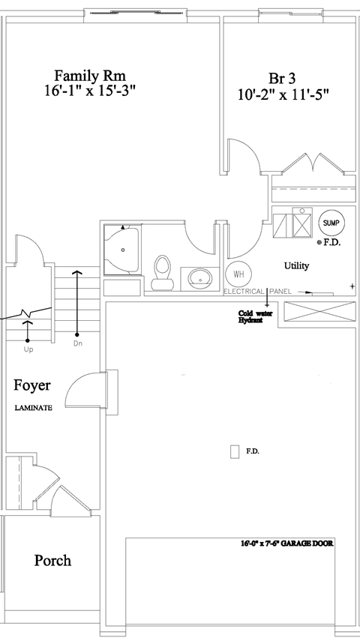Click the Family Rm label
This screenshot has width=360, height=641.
88,76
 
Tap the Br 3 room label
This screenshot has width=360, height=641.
282,79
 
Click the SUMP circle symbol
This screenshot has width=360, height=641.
331,223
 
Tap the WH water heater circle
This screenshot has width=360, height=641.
239,274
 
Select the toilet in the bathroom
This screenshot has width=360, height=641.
162,271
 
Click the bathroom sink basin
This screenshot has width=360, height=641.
200,279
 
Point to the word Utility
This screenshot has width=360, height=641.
296,266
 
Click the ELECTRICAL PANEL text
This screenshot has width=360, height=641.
257,291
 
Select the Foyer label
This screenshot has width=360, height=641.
33,385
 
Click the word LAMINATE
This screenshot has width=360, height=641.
34,408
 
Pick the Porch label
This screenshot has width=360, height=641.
52,560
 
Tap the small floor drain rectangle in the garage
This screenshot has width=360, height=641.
235,451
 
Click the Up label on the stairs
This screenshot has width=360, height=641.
28,349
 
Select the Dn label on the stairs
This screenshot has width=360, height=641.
77,343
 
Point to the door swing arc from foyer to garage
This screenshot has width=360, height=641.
82,390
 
